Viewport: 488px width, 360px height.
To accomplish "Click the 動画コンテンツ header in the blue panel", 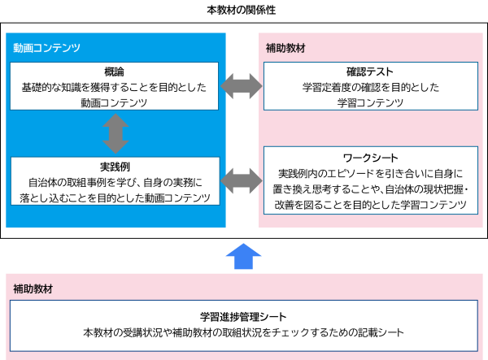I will [x=46, y=48].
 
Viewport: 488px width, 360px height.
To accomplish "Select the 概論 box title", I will [x=115, y=71].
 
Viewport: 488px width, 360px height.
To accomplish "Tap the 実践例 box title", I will [x=115, y=166].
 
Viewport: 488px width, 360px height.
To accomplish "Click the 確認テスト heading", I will [x=369, y=71].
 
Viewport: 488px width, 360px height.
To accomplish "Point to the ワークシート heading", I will [x=369, y=157].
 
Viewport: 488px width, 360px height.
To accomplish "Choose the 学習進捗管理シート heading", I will [x=243, y=316].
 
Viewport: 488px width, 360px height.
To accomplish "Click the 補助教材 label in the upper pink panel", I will [x=285, y=48].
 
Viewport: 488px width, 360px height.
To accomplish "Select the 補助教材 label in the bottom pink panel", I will [x=33, y=289].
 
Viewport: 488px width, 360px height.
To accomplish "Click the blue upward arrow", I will [x=243, y=256].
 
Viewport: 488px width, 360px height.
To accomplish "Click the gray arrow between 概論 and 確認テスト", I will [x=241, y=85].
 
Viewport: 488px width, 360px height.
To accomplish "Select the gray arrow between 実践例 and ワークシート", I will [x=241, y=180].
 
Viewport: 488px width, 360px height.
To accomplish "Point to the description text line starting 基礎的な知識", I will [x=115, y=86].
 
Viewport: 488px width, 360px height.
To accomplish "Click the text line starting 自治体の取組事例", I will [x=115, y=182].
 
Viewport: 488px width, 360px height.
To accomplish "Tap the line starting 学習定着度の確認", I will [x=369, y=86].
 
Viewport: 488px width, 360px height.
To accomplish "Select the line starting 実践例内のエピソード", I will [x=369, y=173].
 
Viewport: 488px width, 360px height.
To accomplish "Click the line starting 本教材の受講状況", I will [x=243, y=332].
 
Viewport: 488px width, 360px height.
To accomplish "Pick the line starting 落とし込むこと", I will [x=115, y=197].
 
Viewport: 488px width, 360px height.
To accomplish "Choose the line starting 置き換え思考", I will [x=369, y=189].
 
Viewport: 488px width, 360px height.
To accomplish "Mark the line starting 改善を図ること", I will [x=369, y=206].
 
